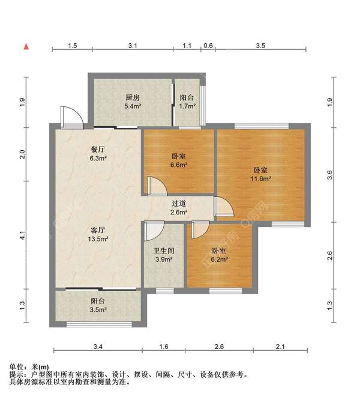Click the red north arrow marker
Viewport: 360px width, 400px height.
(26, 47)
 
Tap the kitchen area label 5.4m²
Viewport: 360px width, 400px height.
(133, 106)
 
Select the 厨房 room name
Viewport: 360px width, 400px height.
(133, 97)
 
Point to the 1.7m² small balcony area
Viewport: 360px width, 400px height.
(187, 106)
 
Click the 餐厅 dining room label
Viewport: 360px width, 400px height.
(98, 149)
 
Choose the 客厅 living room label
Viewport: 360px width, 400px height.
(98, 230)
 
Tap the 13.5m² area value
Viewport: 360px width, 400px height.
(98, 239)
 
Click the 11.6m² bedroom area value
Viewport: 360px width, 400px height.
(260, 178)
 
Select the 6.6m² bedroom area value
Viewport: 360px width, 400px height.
(179, 165)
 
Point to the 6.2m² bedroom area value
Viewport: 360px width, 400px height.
(219, 259)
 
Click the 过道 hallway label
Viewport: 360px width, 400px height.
(179, 204)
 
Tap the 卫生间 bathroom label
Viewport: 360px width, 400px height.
(164, 250)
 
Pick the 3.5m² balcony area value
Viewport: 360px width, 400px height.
(98, 310)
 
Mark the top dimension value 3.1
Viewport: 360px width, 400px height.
(133, 46)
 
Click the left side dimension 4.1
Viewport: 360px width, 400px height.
(23, 235)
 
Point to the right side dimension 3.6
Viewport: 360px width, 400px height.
(330, 175)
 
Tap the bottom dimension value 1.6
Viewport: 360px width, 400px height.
(164, 347)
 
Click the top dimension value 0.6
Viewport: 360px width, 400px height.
(208, 46)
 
